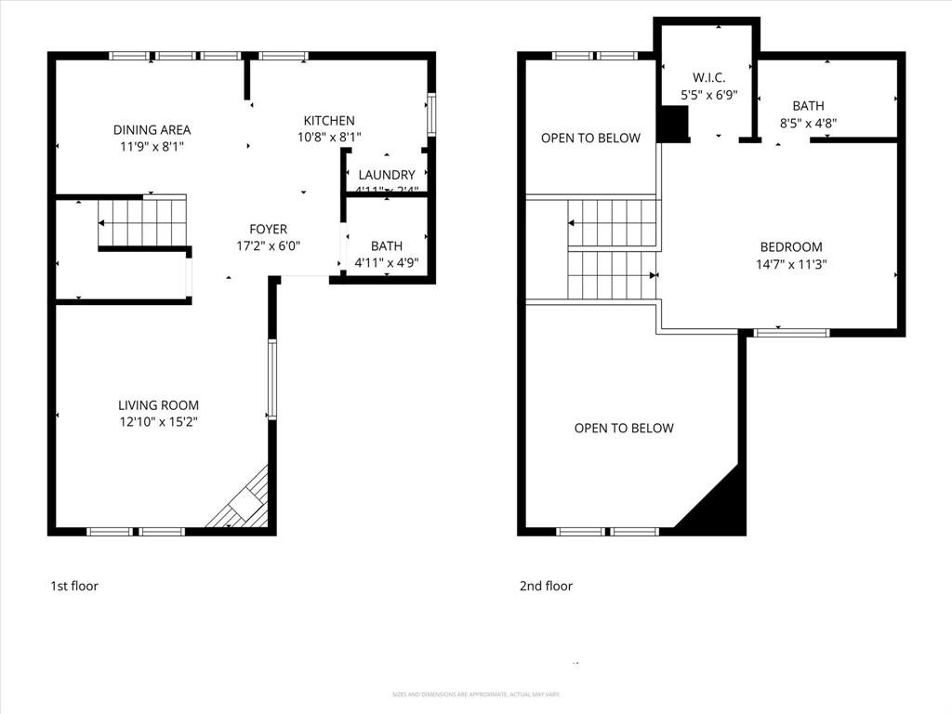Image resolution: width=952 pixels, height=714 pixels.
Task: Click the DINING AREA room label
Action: coord(152,130)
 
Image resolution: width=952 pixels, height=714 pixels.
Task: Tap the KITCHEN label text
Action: coord(329,121)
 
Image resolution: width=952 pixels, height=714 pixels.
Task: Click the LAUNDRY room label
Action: coord(386,175)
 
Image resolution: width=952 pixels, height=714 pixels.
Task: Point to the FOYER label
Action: coord(268,230)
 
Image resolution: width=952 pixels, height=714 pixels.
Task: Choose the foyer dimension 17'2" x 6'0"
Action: coord(268,246)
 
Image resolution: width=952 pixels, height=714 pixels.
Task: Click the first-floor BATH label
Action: coord(387,246)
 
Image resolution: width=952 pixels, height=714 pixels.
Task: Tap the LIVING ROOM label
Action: coord(158,405)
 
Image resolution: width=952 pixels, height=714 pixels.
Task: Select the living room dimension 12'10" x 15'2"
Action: coord(158,422)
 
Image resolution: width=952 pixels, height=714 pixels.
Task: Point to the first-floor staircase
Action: coord(142,223)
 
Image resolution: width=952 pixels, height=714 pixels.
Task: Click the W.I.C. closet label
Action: coord(708,77)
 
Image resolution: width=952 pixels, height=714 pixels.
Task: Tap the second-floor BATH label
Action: coord(808,106)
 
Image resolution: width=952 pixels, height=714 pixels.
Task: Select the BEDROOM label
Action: coord(791,247)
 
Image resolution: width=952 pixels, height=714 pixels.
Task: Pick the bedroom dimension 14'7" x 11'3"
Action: coord(791,264)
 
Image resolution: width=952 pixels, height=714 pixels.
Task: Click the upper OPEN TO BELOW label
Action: coord(590,139)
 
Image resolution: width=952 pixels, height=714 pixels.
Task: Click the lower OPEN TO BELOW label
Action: coord(624,429)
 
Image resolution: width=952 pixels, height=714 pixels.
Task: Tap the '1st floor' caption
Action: coord(74,587)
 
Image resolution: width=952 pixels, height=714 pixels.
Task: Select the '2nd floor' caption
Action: coord(546,587)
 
